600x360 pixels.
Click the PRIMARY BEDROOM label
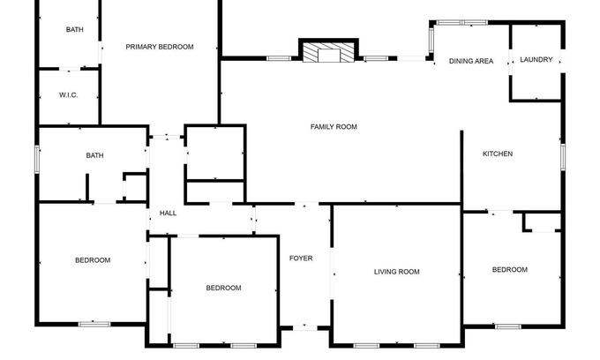pos(160,47)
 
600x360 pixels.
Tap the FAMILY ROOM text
pos(334,127)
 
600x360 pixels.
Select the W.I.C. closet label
pos(69,95)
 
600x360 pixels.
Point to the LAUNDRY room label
pos(536,59)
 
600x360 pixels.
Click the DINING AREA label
pos(471,61)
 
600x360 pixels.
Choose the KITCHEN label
pos(498,154)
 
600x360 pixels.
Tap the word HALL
pos(168,214)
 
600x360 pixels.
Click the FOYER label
pos(301,259)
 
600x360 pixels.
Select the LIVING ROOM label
pos(397,272)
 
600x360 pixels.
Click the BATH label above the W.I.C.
pos(75,29)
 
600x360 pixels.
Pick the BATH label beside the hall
pos(94,155)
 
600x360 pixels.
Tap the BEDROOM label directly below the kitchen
pos(510,270)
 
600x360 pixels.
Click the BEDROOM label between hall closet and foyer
pos(223,288)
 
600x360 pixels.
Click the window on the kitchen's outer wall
pos(563,157)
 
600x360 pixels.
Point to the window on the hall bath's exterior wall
pos(37,159)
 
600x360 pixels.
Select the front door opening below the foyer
pos(305,328)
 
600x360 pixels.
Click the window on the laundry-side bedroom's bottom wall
pos(507,326)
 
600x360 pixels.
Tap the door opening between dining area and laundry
pos(511,62)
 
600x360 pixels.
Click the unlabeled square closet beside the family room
pos(215,153)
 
